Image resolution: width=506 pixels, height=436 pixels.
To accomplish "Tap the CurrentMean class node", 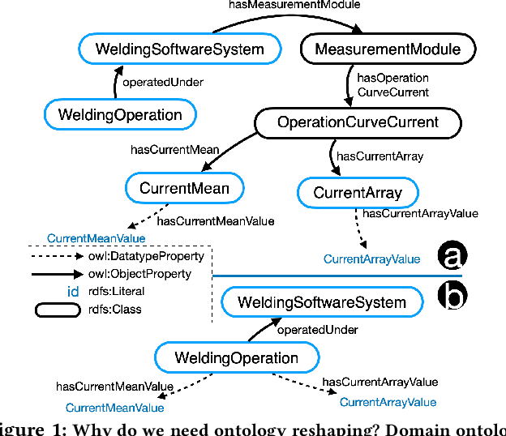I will pyautogui.click(x=184, y=189).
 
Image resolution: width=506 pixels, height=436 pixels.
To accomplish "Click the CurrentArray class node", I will pyautogui.click(x=357, y=193).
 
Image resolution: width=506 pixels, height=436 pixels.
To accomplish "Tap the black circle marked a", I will pyautogui.click(x=452, y=256).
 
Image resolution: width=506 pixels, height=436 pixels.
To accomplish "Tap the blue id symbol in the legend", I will pyautogui.click(x=72, y=292).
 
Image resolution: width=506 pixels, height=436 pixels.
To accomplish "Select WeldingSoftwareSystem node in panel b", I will pyautogui.click(x=322, y=303).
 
